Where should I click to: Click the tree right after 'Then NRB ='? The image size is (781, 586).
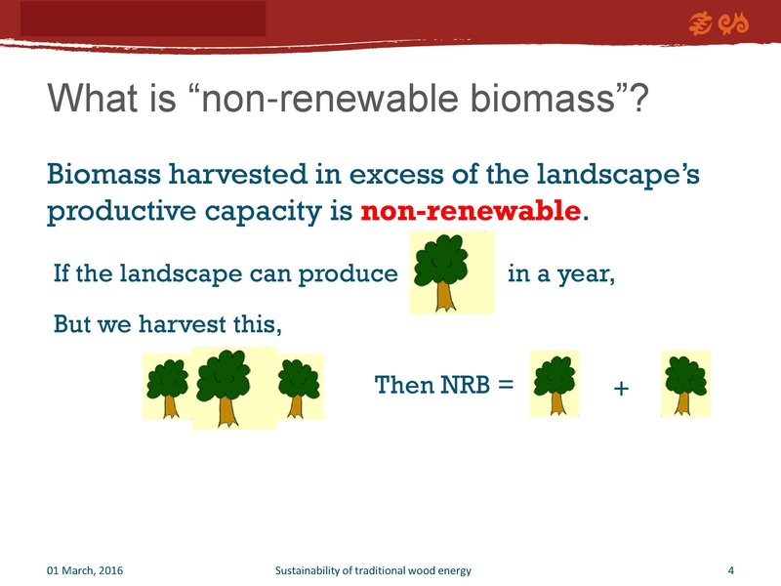tap(554, 383)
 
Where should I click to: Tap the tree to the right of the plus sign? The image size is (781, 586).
tap(685, 383)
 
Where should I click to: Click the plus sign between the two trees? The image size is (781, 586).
tap(620, 390)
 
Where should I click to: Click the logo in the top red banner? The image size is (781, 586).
tap(719, 22)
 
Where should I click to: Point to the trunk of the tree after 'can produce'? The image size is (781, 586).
tap(445, 295)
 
